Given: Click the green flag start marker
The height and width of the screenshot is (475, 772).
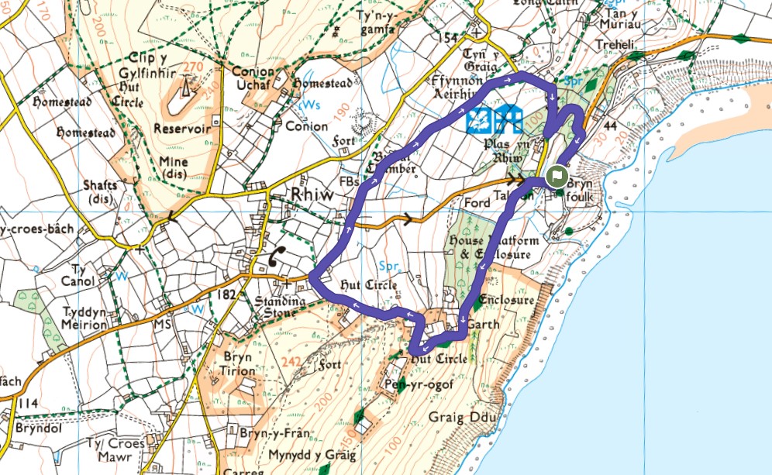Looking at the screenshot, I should point(556,176).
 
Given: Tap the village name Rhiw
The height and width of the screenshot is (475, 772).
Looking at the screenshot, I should point(311,195).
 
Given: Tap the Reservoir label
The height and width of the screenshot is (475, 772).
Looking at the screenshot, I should point(182,129).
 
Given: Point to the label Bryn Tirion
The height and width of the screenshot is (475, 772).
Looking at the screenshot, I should point(238,364).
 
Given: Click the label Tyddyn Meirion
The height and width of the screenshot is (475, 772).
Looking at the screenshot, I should point(85,318).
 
